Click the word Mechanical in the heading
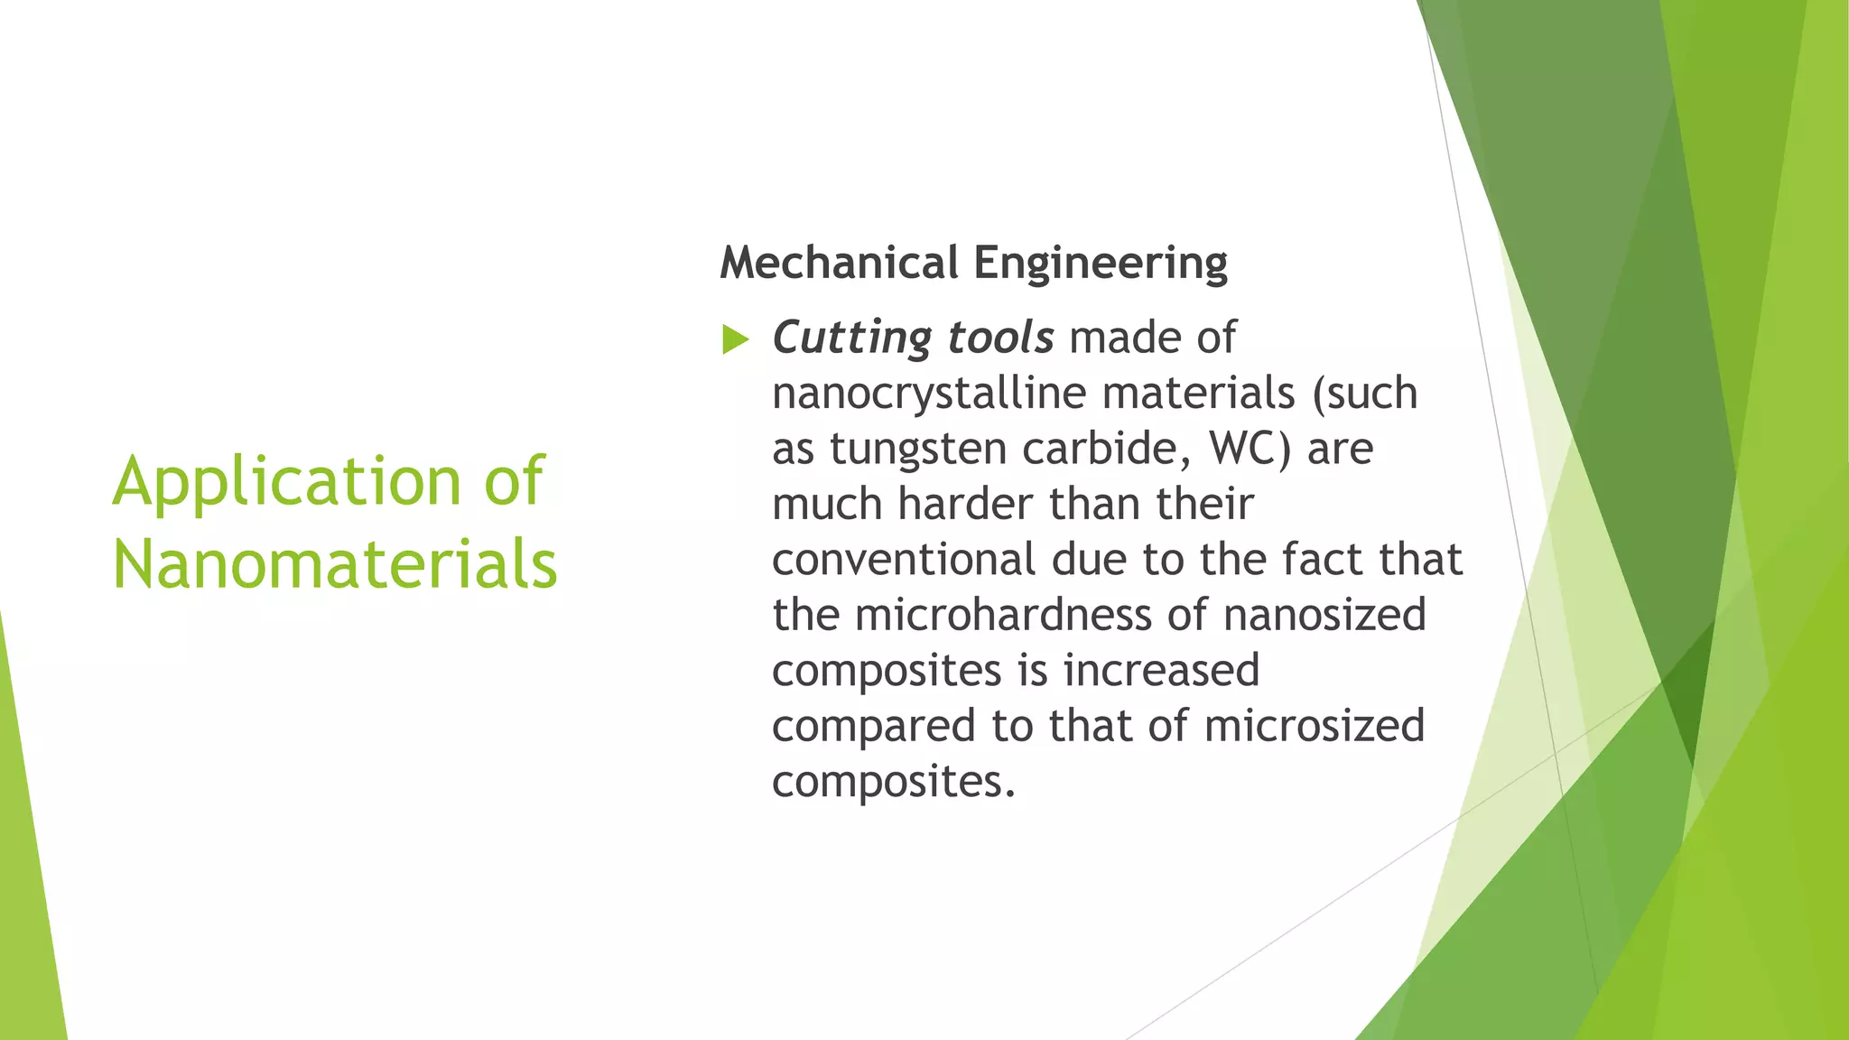point(839,263)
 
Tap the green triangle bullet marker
point(736,340)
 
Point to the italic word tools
point(1000,338)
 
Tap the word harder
point(965,504)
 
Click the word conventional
point(904,560)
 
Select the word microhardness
point(1003,615)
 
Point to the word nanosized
point(1324,615)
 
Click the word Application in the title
point(286,482)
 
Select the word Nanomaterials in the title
point(335,564)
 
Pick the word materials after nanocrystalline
point(1198,394)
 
